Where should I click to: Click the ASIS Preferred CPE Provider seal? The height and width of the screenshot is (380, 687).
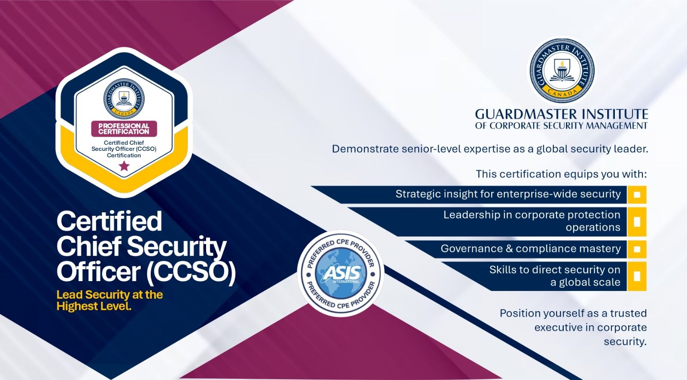click(340, 273)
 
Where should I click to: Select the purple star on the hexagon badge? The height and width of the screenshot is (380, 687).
click(124, 166)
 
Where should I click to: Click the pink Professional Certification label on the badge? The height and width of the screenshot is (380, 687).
click(124, 129)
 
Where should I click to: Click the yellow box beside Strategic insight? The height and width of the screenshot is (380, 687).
click(637, 194)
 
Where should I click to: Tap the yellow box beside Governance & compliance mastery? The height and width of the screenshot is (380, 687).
click(637, 249)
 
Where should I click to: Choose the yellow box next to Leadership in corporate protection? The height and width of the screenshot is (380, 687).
click(637, 221)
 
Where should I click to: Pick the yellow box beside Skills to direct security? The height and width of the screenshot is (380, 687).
click(637, 276)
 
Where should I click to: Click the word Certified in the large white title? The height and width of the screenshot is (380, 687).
click(109, 221)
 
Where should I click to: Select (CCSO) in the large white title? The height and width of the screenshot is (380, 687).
click(191, 272)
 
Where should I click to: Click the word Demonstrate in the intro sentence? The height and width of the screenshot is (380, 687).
click(366, 149)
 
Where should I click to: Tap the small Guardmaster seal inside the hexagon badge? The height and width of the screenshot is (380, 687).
click(124, 98)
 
